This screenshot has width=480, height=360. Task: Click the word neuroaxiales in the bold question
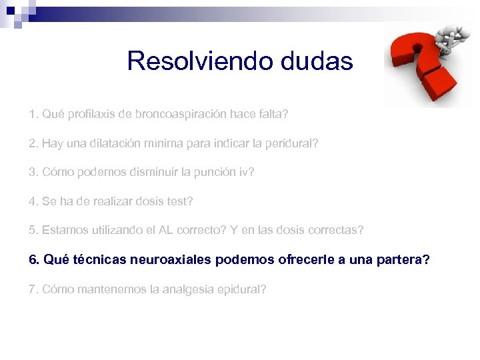(177, 259)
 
